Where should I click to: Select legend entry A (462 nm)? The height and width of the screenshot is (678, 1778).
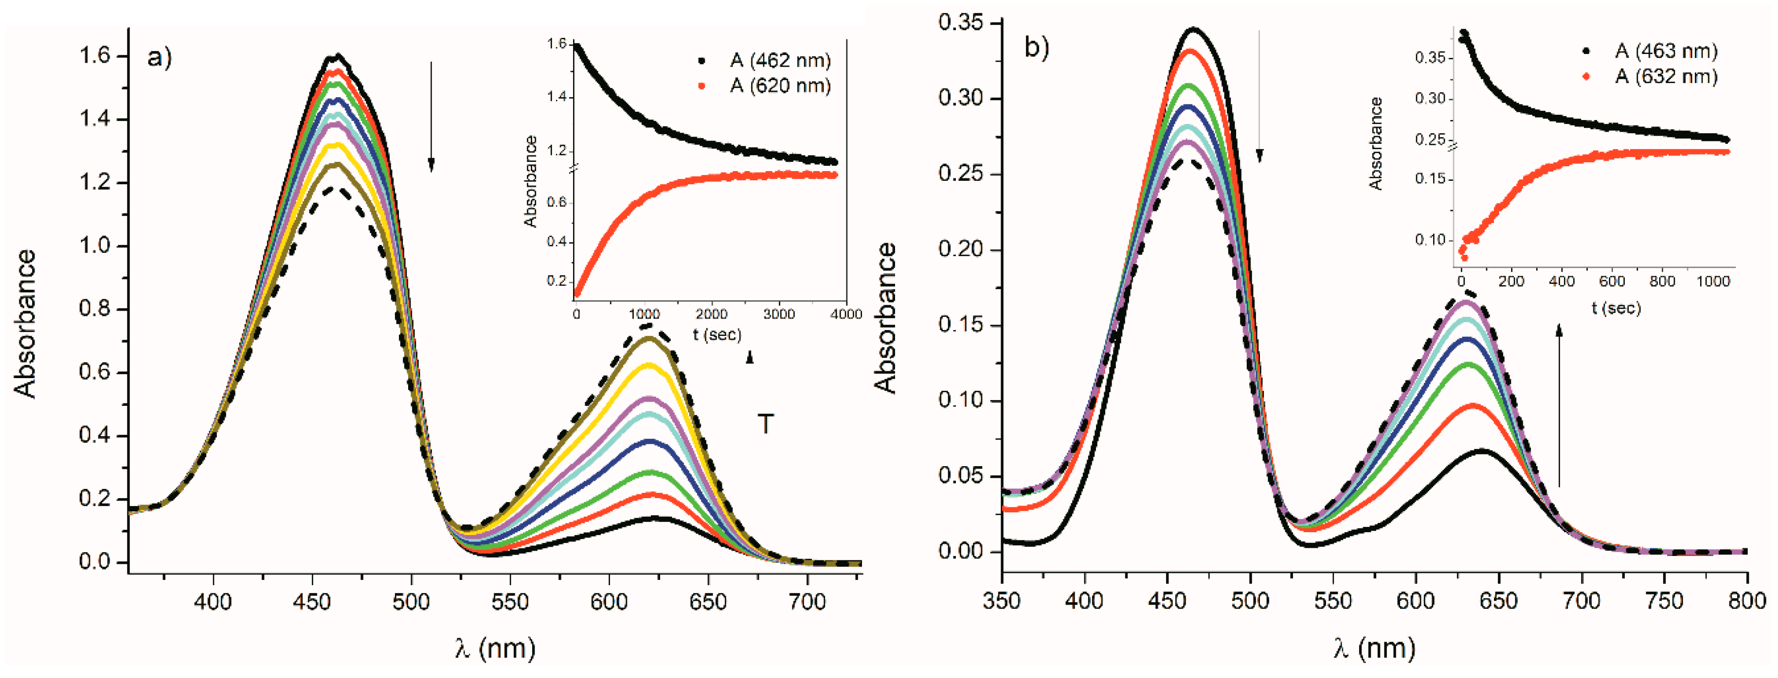(779, 61)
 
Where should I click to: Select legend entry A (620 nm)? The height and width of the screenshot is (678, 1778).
(779, 86)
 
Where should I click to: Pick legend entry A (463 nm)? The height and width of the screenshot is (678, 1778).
(1666, 51)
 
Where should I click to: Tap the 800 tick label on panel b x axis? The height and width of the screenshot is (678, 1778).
(1747, 601)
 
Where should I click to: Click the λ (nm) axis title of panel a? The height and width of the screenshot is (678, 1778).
(495, 648)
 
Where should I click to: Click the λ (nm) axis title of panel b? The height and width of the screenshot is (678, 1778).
(1374, 648)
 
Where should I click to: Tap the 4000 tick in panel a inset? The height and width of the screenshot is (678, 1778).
(845, 314)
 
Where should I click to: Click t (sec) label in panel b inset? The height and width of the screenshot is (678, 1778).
(1616, 308)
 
